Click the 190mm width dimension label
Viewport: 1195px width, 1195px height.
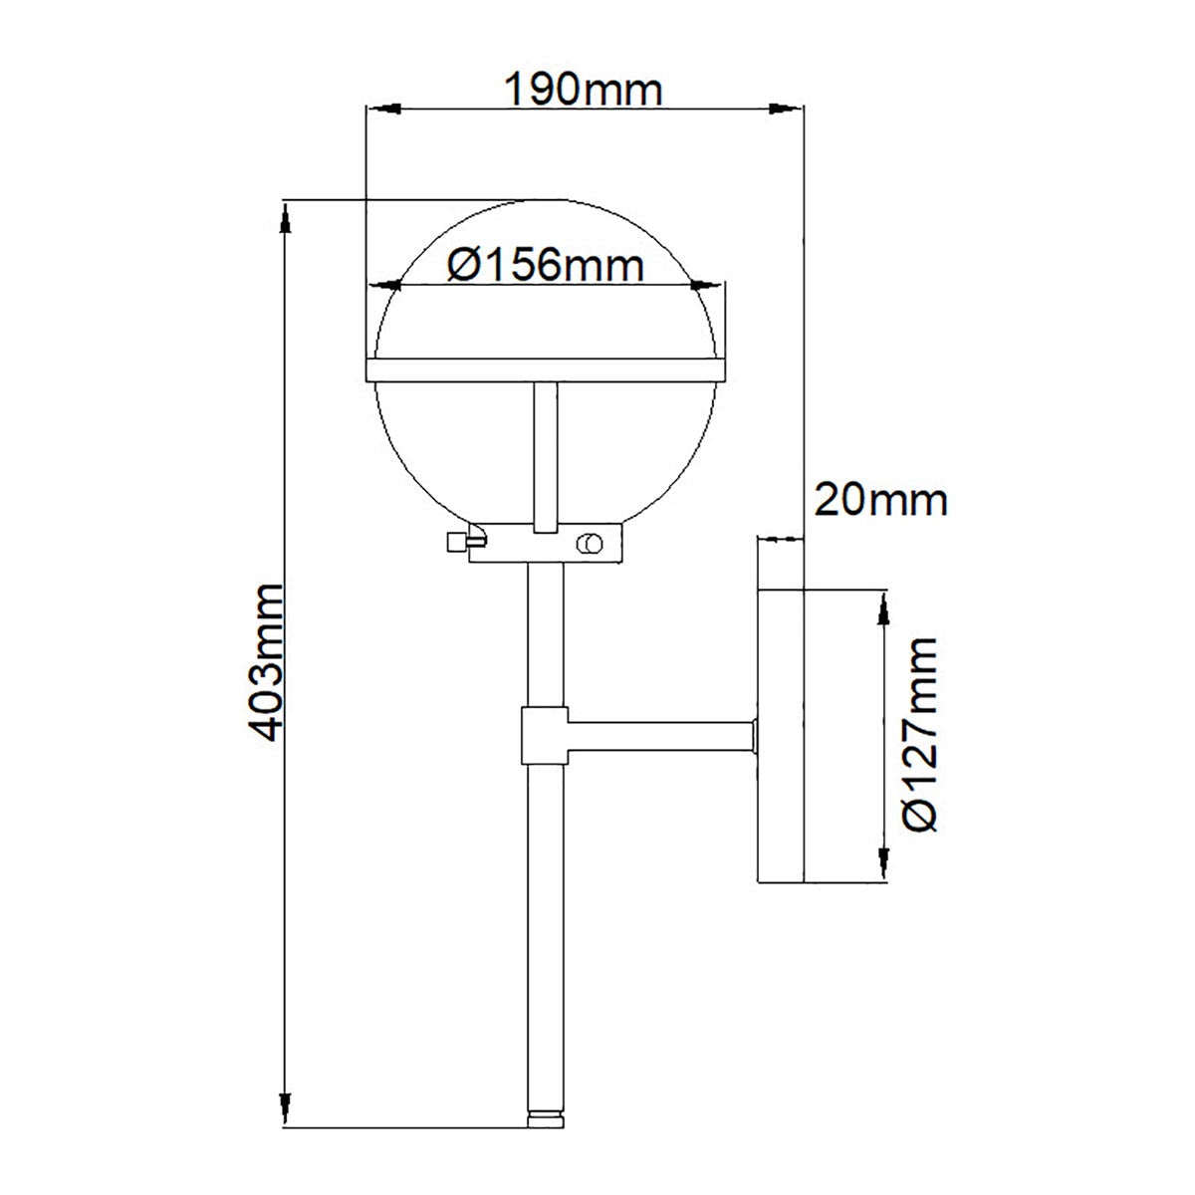point(583,91)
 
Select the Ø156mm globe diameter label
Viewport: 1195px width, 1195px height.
point(545,266)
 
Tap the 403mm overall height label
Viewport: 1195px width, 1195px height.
point(266,662)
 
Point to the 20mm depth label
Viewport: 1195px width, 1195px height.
point(879,499)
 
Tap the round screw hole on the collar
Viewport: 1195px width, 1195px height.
point(589,543)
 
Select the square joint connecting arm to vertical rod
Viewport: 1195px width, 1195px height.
point(544,737)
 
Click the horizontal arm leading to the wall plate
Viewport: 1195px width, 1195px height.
point(657,737)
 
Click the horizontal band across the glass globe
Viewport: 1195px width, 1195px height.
point(546,369)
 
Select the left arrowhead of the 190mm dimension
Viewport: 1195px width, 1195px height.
point(384,109)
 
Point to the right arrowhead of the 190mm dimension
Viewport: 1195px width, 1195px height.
point(786,109)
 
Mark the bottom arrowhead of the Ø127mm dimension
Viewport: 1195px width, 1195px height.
point(881,864)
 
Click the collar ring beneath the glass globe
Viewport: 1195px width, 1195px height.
point(546,544)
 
